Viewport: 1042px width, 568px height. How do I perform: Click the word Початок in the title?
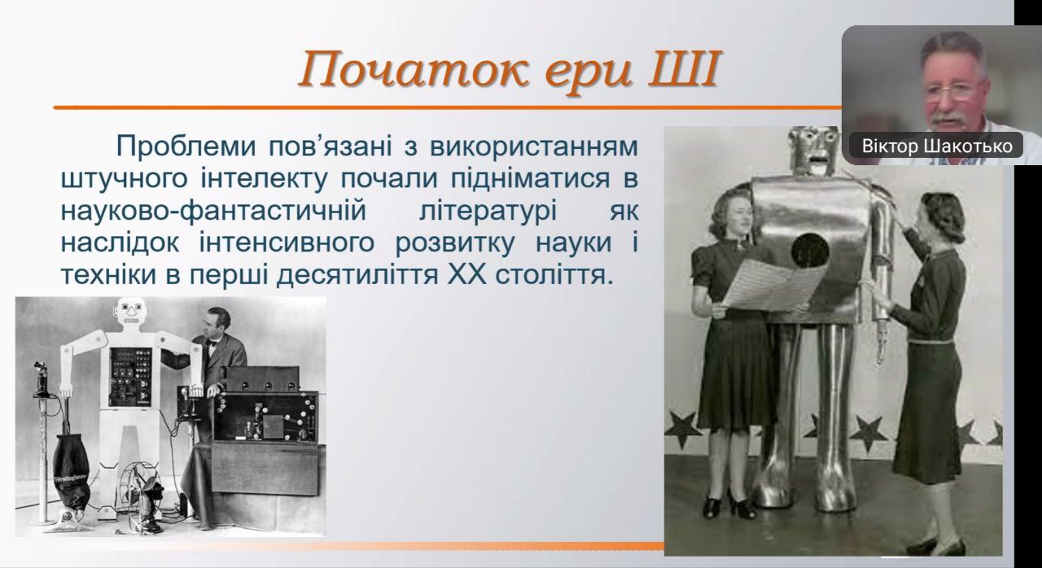414,69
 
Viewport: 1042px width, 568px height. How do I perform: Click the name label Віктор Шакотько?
937,146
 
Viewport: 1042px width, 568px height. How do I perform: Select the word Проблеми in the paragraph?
186,146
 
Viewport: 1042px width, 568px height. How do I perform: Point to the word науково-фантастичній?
213,211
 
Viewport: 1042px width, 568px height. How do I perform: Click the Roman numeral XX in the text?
466,275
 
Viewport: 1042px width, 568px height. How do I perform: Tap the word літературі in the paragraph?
488,211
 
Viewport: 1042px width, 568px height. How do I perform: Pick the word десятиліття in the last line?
357,276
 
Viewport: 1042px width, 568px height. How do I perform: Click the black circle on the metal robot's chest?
810,251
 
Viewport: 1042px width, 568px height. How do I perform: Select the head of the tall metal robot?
815,150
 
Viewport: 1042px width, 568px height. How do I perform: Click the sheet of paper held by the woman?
773,285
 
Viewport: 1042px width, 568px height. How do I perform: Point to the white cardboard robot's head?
132,312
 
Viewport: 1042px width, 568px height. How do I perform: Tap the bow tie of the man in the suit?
212,344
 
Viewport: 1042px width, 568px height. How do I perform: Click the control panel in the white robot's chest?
131,377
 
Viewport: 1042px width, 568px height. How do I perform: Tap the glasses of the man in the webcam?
953,90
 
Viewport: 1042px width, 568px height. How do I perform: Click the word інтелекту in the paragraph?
265,179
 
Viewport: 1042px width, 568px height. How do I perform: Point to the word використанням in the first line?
533,146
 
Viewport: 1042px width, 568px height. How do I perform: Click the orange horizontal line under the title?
448,108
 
